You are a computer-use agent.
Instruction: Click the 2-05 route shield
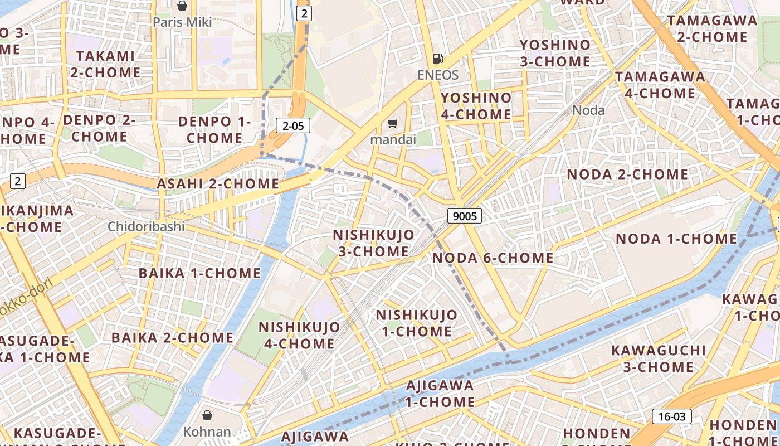coord(293,125)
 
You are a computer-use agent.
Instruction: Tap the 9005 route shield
coord(464,216)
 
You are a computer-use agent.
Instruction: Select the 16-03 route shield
coord(671,416)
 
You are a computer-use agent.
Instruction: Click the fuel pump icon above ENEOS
coord(438,59)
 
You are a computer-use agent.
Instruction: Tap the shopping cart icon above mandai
coord(393,123)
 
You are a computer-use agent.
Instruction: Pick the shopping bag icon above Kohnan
coord(207,415)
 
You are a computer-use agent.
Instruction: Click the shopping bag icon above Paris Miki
coord(182,6)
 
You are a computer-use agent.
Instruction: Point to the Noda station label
coord(588,110)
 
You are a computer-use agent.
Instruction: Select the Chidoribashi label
coord(146,226)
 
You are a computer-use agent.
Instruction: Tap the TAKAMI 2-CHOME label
coord(105,64)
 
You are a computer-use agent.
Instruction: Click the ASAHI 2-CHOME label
coord(218,183)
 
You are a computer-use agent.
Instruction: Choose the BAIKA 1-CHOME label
coord(199,273)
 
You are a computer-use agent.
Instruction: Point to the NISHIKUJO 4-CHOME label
coord(299,335)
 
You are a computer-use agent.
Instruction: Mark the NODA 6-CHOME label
coord(493,258)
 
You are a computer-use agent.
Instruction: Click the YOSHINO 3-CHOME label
coord(555,53)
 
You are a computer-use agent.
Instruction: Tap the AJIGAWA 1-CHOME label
coord(440,393)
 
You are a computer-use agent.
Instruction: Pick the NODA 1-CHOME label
coord(676,239)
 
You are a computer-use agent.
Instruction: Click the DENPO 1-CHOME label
coord(214,129)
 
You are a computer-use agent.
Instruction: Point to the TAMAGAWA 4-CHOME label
coord(660,85)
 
